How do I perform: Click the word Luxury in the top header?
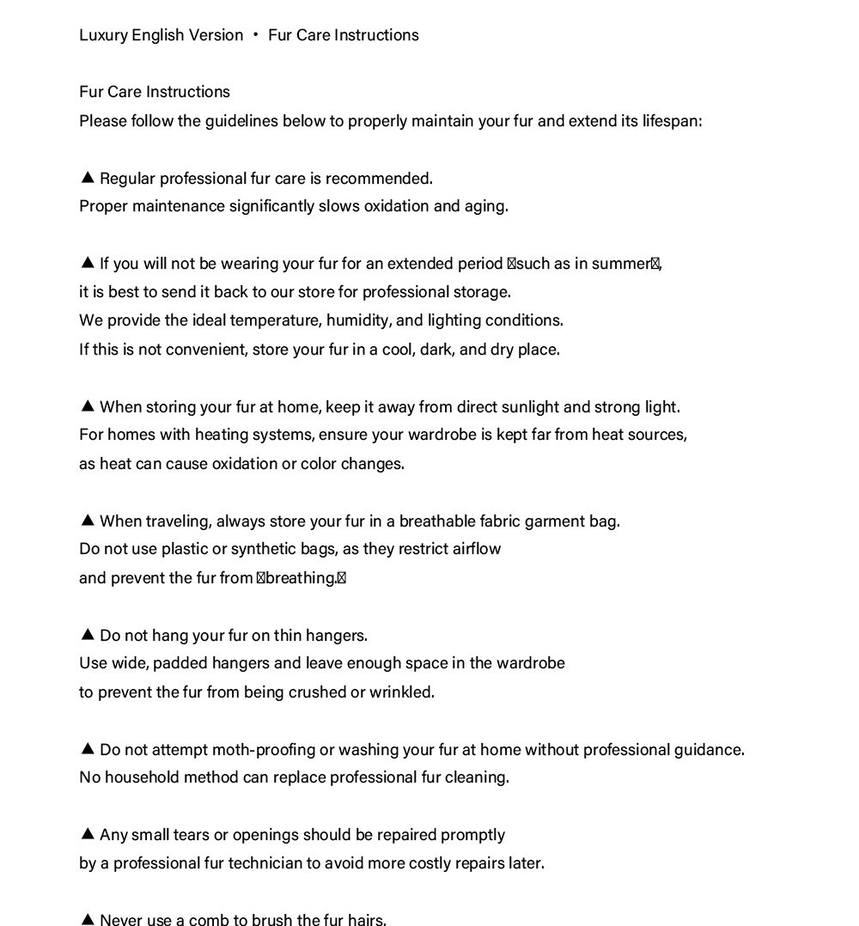click(x=103, y=35)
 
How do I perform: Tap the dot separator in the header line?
click(x=256, y=35)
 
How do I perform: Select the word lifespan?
click(x=672, y=121)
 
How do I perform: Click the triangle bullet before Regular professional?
click(x=87, y=178)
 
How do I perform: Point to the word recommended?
click(x=379, y=179)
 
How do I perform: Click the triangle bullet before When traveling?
click(x=87, y=521)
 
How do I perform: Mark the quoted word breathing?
click(x=301, y=578)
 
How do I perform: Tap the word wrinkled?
click(x=401, y=692)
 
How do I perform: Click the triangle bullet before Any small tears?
click(x=87, y=834)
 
